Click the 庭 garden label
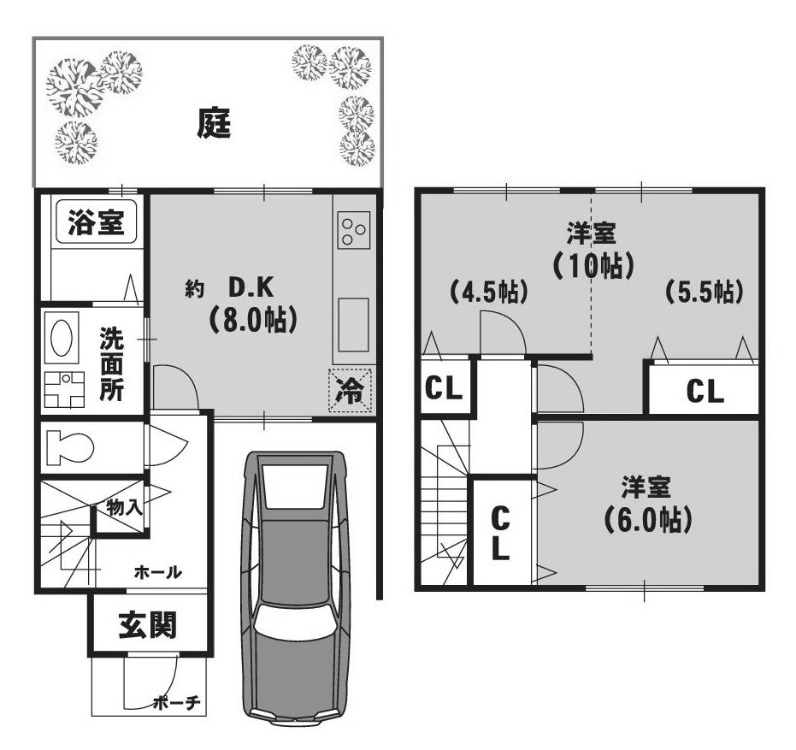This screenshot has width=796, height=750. (214, 123)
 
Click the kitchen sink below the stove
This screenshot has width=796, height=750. (353, 325)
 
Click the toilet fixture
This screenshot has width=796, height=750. (69, 448)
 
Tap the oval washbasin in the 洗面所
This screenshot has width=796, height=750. (62, 338)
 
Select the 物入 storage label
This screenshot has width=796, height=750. (124, 507)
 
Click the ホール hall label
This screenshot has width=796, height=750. (158, 572)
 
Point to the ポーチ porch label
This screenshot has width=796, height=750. (177, 703)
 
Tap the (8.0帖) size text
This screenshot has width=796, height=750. (251, 321)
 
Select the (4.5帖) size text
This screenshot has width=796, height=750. (488, 292)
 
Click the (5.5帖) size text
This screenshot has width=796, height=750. (705, 292)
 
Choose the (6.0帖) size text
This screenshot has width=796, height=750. (648, 519)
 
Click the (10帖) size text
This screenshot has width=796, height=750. (593, 265)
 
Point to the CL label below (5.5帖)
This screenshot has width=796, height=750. (705, 392)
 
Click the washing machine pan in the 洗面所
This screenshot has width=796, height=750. (64, 389)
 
